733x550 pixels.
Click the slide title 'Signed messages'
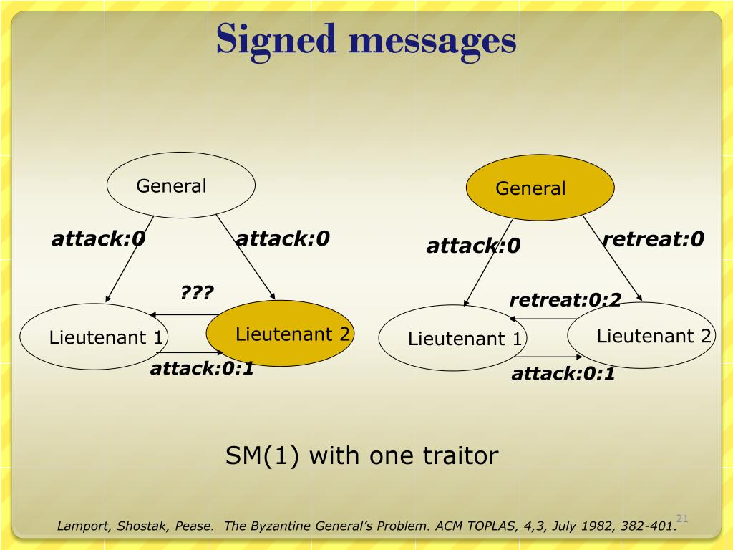(366, 39)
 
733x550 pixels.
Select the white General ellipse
(181, 185)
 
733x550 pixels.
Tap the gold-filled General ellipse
(540, 188)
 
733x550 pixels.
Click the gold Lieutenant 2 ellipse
(281, 334)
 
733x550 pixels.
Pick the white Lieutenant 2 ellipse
(642, 335)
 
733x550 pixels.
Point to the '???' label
(197, 292)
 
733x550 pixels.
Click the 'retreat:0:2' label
(565, 300)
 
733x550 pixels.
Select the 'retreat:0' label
(653, 238)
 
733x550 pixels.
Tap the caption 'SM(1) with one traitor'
(361, 455)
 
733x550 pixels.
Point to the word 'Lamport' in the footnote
(81, 526)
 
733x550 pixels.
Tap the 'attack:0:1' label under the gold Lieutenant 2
(202, 370)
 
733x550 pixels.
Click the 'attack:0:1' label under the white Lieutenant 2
(563, 373)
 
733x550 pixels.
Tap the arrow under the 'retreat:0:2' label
(544, 319)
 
